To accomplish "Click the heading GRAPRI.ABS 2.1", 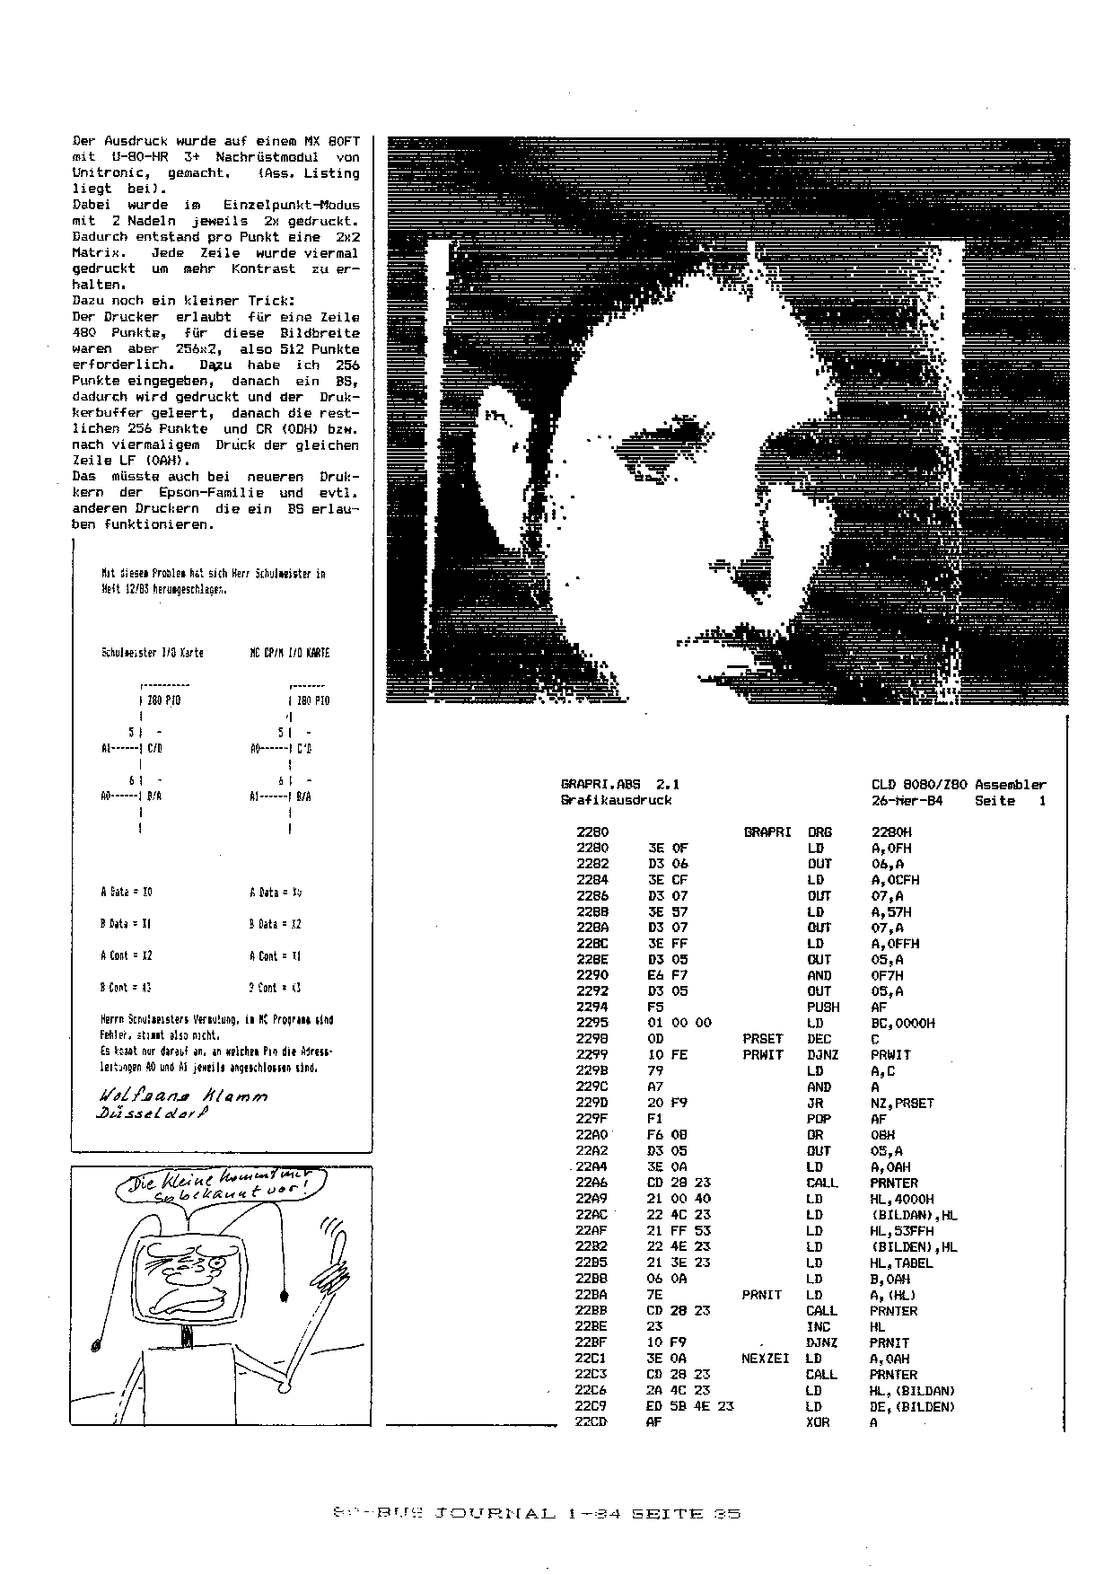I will click(x=619, y=784).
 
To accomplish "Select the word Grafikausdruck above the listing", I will click(x=616, y=800).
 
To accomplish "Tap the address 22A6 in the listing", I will click(x=592, y=1183).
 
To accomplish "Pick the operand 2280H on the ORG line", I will click(x=891, y=832).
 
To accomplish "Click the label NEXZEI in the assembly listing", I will click(x=766, y=1359).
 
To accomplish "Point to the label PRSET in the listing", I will click(x=763, y=1039).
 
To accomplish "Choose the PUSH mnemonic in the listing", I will click(x=822, y=1007).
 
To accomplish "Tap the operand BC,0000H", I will click(x=903, y=1023).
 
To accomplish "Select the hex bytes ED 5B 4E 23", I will click(x=690, y=1406).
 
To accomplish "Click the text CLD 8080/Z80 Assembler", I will click(x=959, y=784).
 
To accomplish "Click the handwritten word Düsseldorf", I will click(x=153, y=1113).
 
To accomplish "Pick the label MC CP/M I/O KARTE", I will click(x=289, y=653).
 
